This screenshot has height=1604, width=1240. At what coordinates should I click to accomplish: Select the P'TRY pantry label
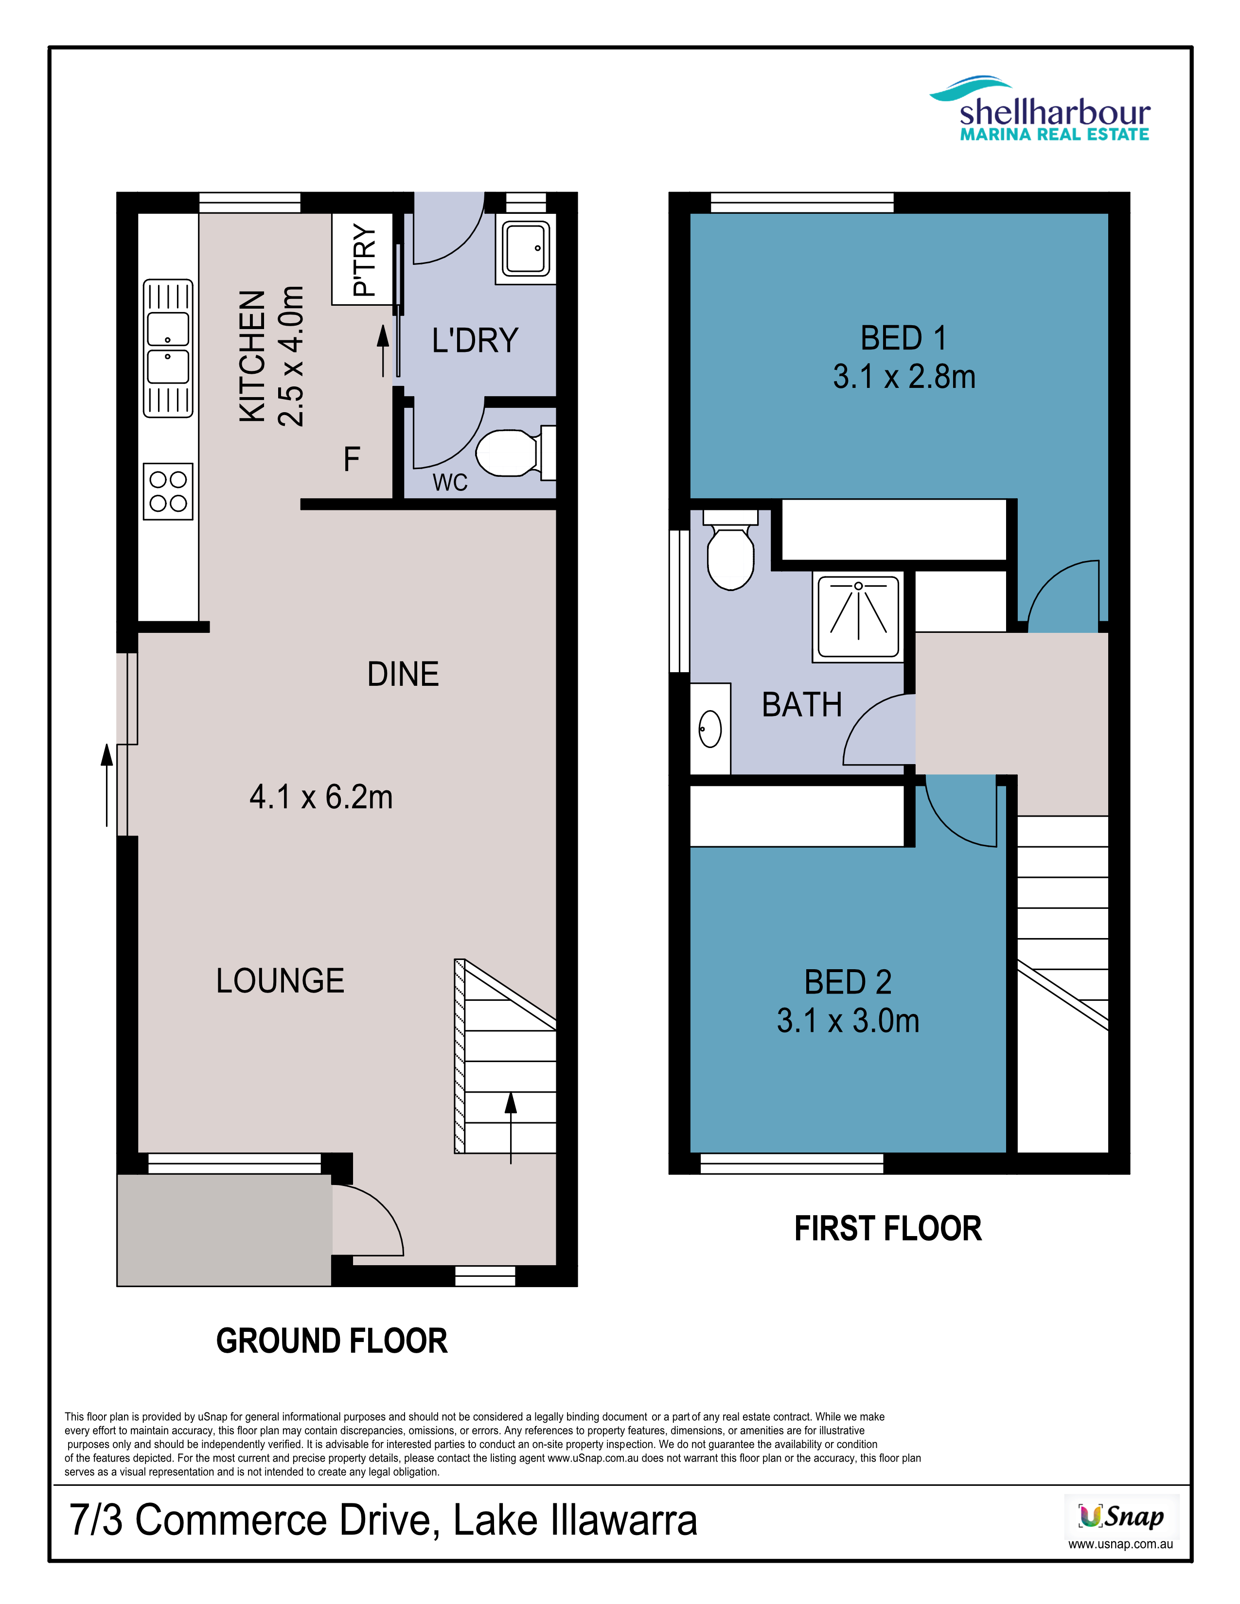pyautogui.click(x=364, y=259)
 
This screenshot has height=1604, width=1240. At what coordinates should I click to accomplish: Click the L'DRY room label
pyautogui.click(x=475, y=341)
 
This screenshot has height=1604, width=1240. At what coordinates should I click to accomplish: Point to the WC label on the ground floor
pyautogui.click(x=450, y=483)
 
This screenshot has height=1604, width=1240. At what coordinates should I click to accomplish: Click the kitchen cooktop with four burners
pyautogui.click(x=168, y=491)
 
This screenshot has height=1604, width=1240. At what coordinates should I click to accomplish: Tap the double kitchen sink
pyautogui.click(x=168, y=348)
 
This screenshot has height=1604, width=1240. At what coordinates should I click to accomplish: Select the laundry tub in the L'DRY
pyautogui.click(x=526, y=248)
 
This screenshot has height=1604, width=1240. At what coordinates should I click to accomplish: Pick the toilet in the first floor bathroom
pyautogui.click(x=730, y=550)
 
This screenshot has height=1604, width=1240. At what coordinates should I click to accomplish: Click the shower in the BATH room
pyautogui.click(x=858, y=617)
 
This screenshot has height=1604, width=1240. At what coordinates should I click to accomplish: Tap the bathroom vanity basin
pyautogui.click(x=710, y=729)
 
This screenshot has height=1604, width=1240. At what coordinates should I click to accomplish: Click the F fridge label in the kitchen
pyautogui.click(x=352, y=459)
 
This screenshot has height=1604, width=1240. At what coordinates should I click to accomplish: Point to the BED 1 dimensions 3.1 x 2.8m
pyautogui.click(x=904, y=377)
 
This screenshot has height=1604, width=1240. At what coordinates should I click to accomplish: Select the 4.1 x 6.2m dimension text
pyautogui.click(x=321, y=797)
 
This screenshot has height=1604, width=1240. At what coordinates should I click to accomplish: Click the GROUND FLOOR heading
pyautogui.click(x=332, y=1341)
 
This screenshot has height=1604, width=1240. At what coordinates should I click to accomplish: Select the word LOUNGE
pyautogui.click(x=280, y=980)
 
